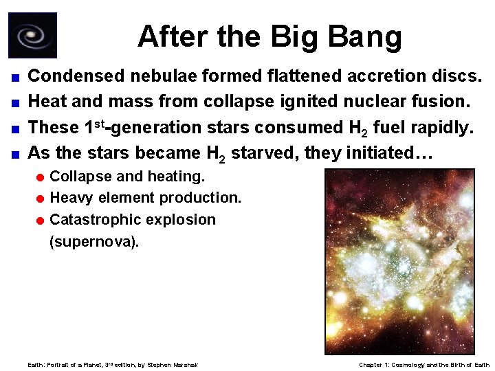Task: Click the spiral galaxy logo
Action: click(x=32, y=35)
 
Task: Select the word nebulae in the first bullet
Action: click(x=166, y=76)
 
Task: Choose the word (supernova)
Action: click(x=94, y=242)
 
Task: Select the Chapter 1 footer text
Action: click(x=424, y=364)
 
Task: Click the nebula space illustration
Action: click(x=399, y=261)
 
